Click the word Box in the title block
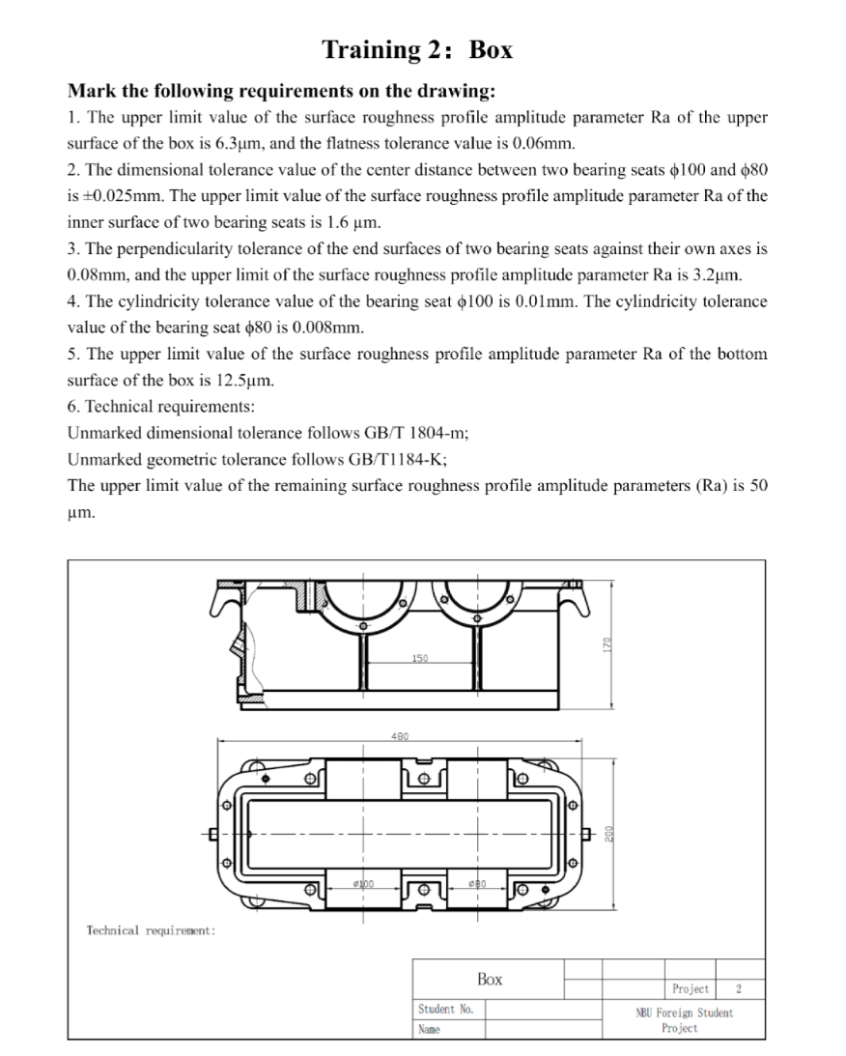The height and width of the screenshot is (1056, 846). click(x=489, y=979)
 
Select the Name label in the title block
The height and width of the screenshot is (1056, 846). click(x=429, y=1029)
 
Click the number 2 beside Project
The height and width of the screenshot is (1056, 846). click(x=739, y=988)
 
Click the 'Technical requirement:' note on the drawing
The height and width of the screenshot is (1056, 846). click(x=151, y=930)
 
